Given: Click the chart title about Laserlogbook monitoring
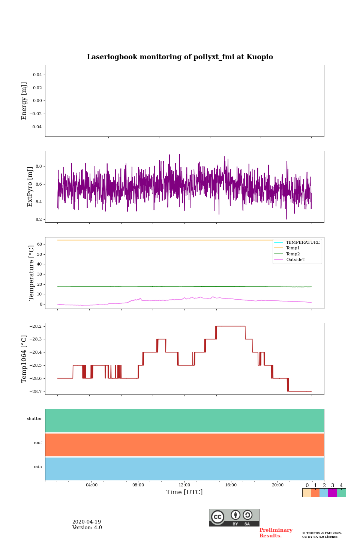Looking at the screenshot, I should point(180,57).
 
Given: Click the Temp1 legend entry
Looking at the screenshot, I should point(293,248).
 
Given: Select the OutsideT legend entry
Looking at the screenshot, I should point(295,260).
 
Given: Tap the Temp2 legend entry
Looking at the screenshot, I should point(293,254).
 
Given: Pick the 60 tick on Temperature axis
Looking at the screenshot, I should point(39,244).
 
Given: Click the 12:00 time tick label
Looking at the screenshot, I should point(184,485).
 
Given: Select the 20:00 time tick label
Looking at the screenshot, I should point(277,485).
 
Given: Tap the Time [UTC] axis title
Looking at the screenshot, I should point(184,492).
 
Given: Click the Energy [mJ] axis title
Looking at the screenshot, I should point(24,101).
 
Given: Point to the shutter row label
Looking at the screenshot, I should point(34,419).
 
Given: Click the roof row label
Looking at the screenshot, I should point(38,443).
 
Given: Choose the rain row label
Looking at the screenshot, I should point(38,467).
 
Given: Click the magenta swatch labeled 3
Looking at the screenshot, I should point(332,493).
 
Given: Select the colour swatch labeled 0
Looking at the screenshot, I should point(306,493).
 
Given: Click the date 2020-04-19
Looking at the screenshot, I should point(87,522).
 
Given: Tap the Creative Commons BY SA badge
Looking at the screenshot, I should point(234,517).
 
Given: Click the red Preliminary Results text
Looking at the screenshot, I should point(276,533).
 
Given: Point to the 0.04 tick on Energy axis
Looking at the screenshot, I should point(37,75).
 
